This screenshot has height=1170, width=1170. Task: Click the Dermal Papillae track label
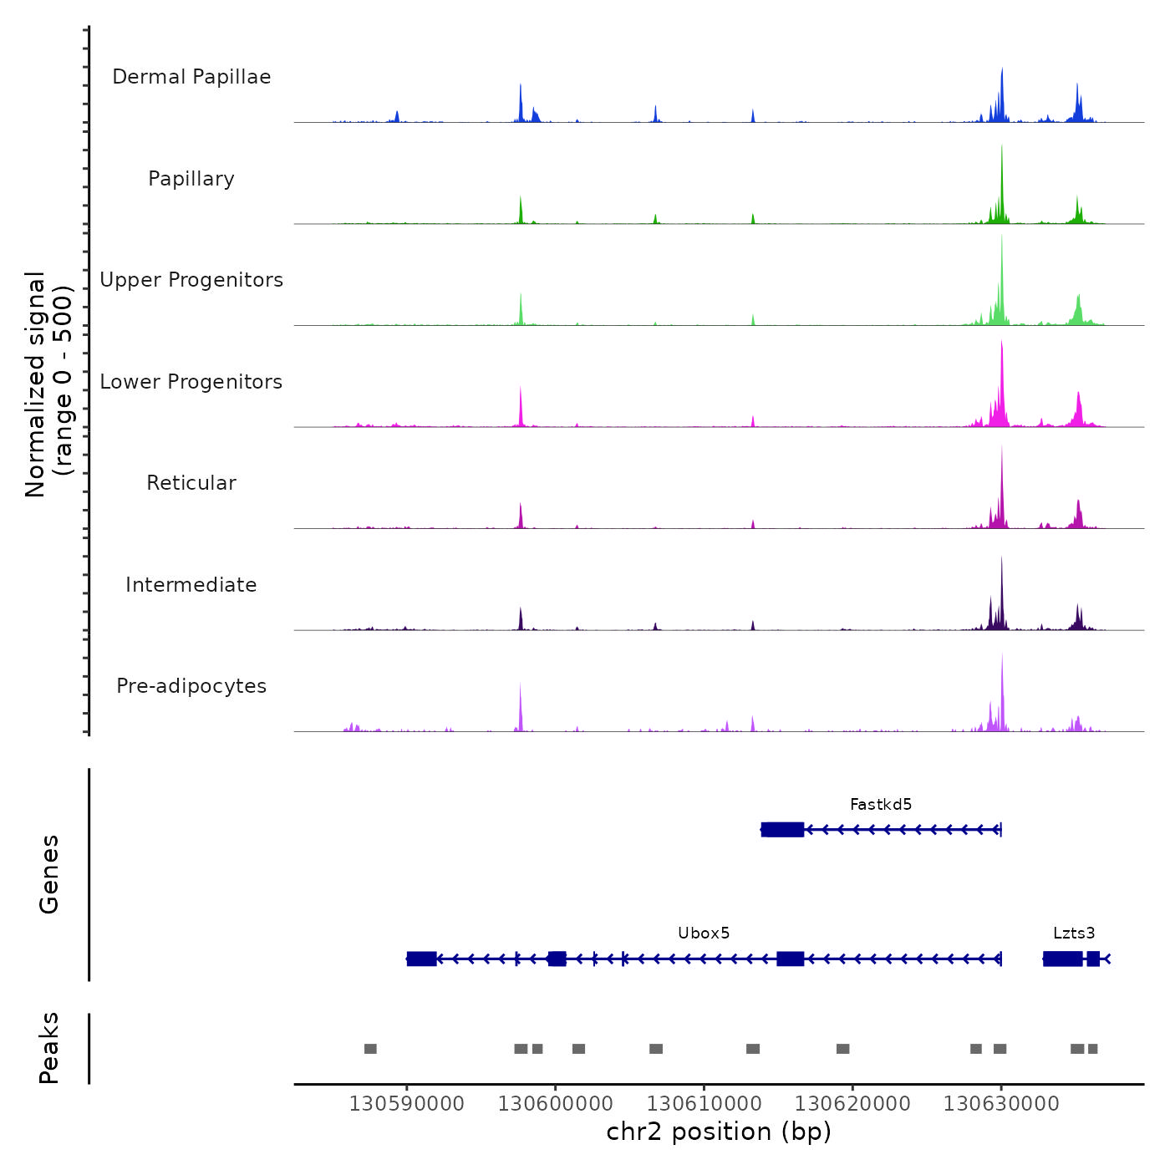pyautogui.click(x=191, y=77)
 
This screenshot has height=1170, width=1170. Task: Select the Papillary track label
pyautogui.click(x=191, y=179)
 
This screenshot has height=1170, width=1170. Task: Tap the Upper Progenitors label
pyautogui.click(x=191, y=280)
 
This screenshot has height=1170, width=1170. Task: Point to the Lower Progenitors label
pyautogui.click(x=191, y=382)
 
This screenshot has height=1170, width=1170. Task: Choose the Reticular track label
pyautogui.click(x=191, y=483)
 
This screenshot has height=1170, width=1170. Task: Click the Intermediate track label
pyautogui.click(x=191, y=585)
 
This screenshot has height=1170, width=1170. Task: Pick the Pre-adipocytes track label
pyautogui.click(x=191, y=686)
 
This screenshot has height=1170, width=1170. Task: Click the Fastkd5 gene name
pyautogui.click(x=881, y=805)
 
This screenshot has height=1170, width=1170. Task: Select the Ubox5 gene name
pyautogui.click(x=704, y=933)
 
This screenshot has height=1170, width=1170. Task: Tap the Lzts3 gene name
pyautogui.click(x=1074, y=933)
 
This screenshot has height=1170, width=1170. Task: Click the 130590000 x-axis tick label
pyautogui.click(x=407, y=1104)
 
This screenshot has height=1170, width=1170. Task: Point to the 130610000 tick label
pyautogui.click(x=704, y=1104)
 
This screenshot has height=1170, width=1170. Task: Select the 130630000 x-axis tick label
pyautogui.click(x=1001, y=1104)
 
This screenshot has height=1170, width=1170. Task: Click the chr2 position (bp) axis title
pyautogui.click(x=719, y=1132)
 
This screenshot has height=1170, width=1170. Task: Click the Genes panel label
pyautogui.click(x=49, y=874)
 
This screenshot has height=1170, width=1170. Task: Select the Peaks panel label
pyautogui.click(x=49, y=1048)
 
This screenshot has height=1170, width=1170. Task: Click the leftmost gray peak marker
pyautogui.click(x=370, y=1049)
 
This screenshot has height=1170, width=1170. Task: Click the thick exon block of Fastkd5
pyautogui.click(x=783, y=830)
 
